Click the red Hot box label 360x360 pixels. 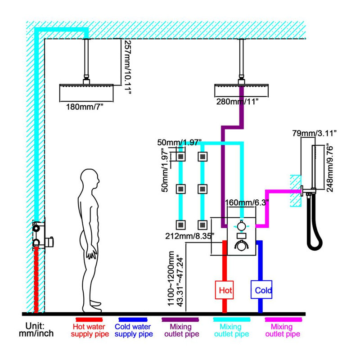coord(224,290)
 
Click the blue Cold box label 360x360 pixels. coord(261,289)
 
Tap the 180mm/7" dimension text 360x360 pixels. coord(85,107)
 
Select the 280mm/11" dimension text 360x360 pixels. coord(237,102)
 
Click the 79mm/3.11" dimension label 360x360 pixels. coord(314,133)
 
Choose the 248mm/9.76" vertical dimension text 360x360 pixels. coord(329,168)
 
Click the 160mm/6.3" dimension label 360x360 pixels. coord(247,203)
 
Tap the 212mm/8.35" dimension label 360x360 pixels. coord(190,236)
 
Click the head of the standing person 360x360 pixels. coord(90,179)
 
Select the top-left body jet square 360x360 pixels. coord(181,157)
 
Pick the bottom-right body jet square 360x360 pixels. coord(202,225)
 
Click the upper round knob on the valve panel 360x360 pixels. coord(241,226)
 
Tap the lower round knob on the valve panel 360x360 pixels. coord(241,246)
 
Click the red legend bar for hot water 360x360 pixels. coord(89,319)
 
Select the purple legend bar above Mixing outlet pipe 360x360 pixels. coord(180,319)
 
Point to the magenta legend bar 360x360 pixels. coord(283,319)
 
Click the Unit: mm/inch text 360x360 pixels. coord(36,329)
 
